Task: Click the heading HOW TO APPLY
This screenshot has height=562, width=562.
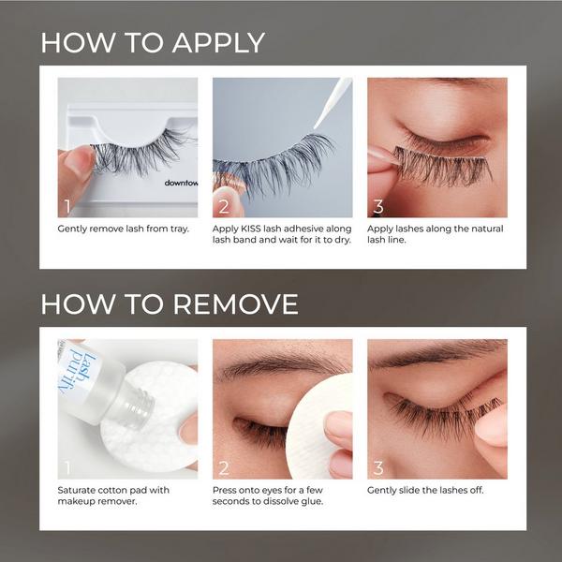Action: (153, 43)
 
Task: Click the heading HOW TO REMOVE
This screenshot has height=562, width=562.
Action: (170, 304)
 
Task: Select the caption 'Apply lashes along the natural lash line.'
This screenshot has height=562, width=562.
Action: (436, 235)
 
